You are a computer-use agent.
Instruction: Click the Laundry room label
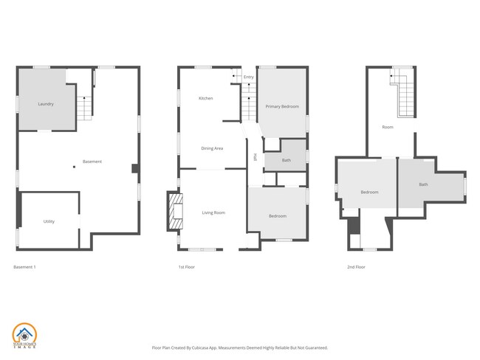[x=46, y=104]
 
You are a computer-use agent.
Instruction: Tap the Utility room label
[x=49, y=221]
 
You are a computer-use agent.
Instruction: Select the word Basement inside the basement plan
[x=92, y=162]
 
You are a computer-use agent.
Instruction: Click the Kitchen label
[x=206, y=98]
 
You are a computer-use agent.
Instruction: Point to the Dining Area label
[x=212, y=148]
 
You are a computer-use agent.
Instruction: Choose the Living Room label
[x=213, y=213]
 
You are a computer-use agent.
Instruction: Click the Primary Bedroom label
[x=282, y=107]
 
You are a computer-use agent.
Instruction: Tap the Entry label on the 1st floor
[x=248, y=77]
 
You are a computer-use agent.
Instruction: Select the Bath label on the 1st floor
[x=286, y=160]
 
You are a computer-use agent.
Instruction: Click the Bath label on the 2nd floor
[x=423, y=184]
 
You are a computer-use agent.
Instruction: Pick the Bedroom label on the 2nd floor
[x=369, y=193]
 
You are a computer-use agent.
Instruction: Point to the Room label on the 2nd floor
[x=388, y=127]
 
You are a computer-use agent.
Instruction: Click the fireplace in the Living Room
[x=174, y=210]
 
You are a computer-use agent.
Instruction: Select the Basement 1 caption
[x=24, y=266]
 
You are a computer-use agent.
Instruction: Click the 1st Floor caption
[x=186, y=266]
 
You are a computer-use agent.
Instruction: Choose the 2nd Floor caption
[x=356, y=266]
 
